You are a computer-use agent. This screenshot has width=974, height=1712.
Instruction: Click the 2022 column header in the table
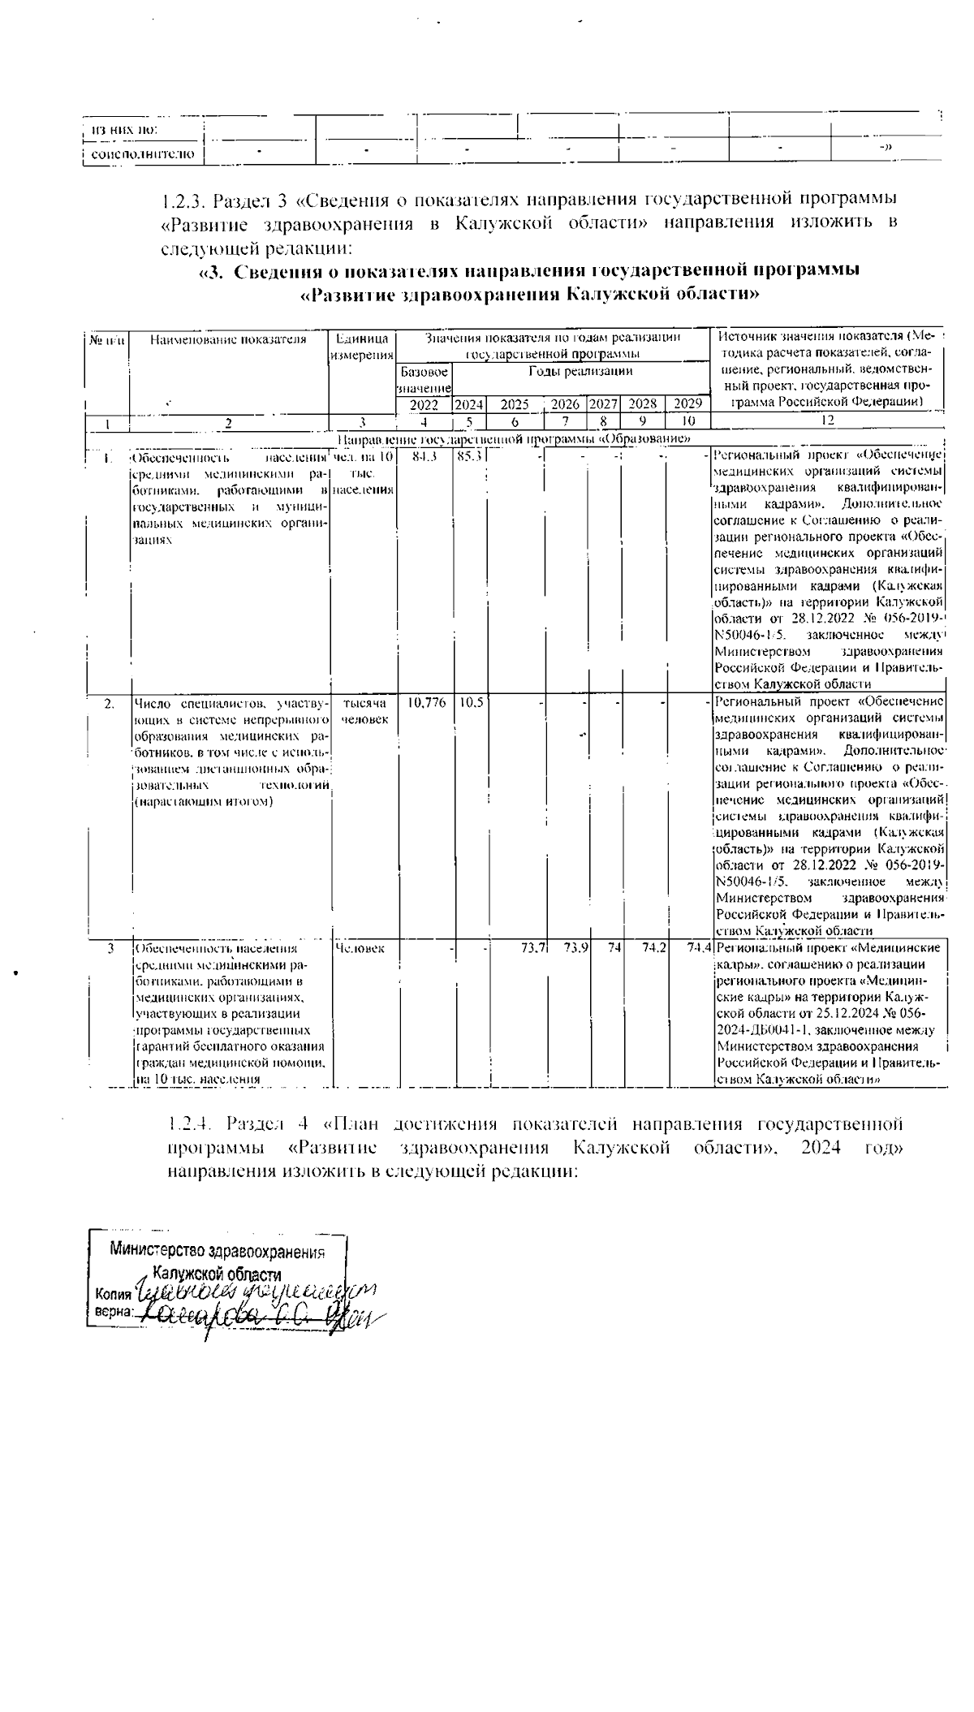[x=424, y=404]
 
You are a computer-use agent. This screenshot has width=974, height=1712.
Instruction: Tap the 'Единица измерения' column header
[x=362, y=347]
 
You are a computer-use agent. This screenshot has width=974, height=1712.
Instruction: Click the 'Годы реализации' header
[x=580, y=371]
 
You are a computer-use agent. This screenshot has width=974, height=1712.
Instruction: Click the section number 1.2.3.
[x=185, y=200]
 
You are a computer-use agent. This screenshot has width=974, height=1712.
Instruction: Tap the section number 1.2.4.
[x=191, y=1124]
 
